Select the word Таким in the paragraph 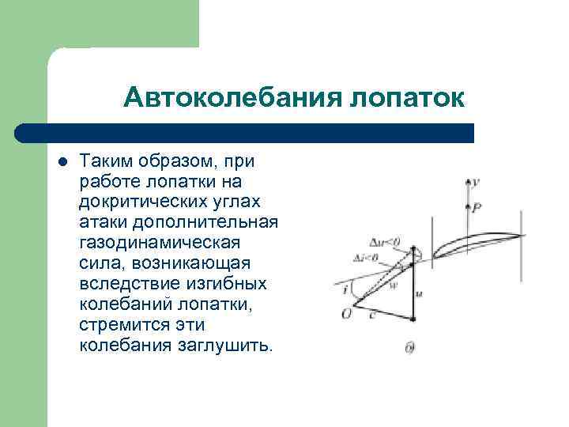107,161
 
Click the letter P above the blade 477,209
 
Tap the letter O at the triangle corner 345,315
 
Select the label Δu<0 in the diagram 385,242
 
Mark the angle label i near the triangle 345,289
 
